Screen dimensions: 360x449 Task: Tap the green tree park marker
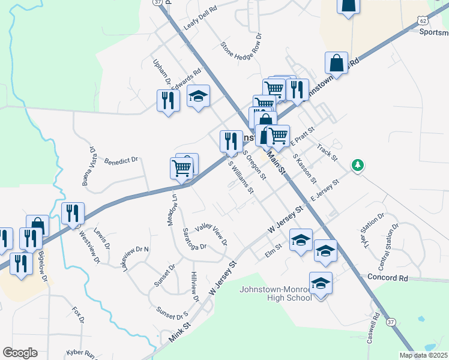pos(358,164)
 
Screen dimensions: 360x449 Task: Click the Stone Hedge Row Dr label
pos(241,49)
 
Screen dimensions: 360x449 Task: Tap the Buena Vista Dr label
pos(89,164)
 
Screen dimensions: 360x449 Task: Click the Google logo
pos(20,353)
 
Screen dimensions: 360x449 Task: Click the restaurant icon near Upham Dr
pos(167,100)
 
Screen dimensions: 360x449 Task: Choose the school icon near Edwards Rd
pos(198,96)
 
